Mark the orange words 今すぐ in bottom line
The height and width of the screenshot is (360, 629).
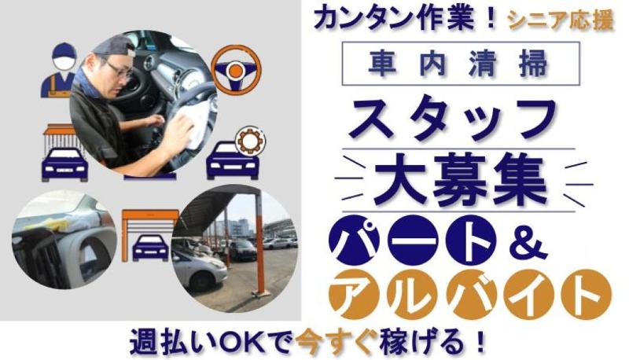[354, 343]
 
